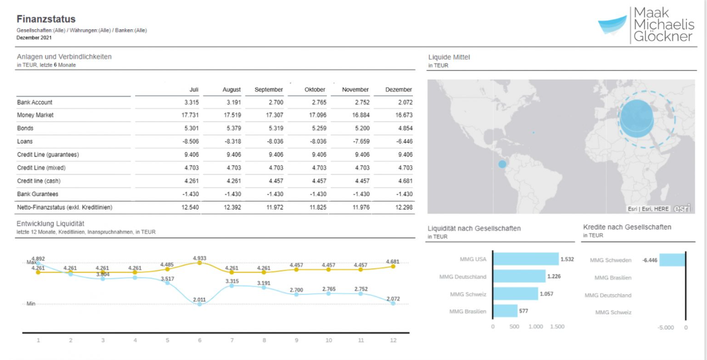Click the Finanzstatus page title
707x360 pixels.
(46, 19)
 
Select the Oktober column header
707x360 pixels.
(315, 90)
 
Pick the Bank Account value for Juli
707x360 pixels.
(191, 102)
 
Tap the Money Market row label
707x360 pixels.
(35, 115)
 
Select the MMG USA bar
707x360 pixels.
(525, 259)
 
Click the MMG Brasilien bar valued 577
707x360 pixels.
(505, 311)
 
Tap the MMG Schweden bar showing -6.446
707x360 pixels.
(672, 260)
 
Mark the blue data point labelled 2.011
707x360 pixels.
(200, 303)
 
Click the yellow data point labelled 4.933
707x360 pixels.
(200, 263)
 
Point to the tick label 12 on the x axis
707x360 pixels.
(393, 341)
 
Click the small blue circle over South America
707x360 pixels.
(502, 164)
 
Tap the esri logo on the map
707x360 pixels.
(683, 208)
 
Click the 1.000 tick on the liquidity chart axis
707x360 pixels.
(536, 327)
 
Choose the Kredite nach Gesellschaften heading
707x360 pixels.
(627, 227)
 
